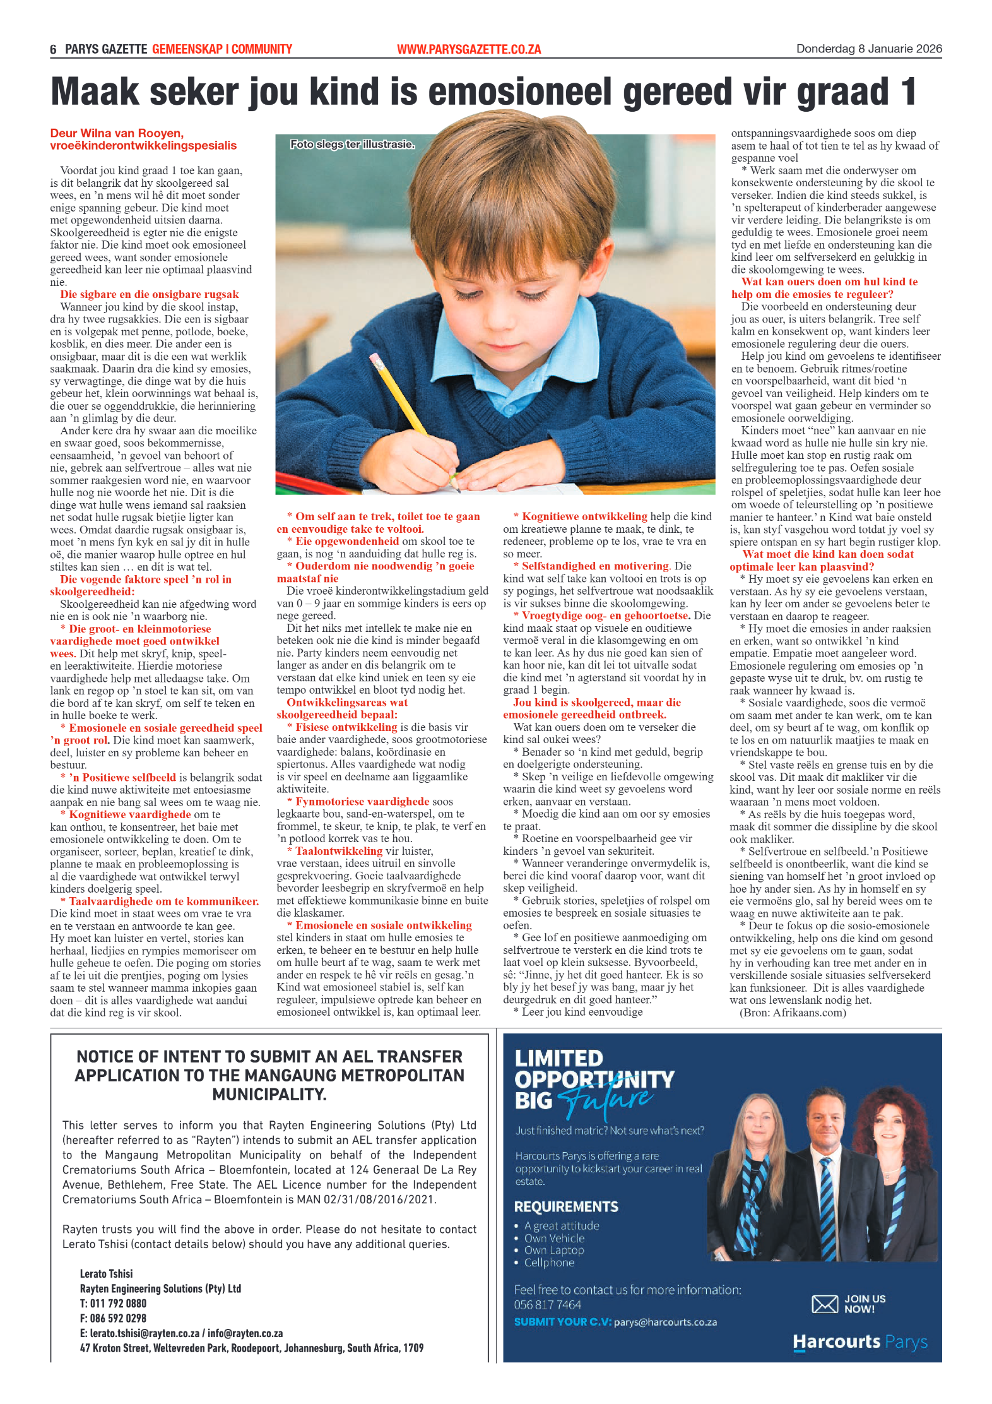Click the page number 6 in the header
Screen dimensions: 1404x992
[x=54, y=49]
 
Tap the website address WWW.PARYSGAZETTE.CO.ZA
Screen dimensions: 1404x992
[x=469, y=49]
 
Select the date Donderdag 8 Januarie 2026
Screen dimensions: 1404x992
[x=868, y=49]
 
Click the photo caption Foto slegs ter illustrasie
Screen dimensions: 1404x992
[x=352, y=144]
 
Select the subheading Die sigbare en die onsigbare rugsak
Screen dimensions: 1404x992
[x=150, y=294]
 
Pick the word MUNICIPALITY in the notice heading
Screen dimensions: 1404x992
[x=269, y=1094]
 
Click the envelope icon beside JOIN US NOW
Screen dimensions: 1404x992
[x=824, y=1304]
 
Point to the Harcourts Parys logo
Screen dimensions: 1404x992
[x=859, y=1342]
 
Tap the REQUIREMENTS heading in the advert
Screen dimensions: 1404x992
[x=566, y=1206]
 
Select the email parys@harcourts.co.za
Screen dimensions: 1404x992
[x=665, y=1322]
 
